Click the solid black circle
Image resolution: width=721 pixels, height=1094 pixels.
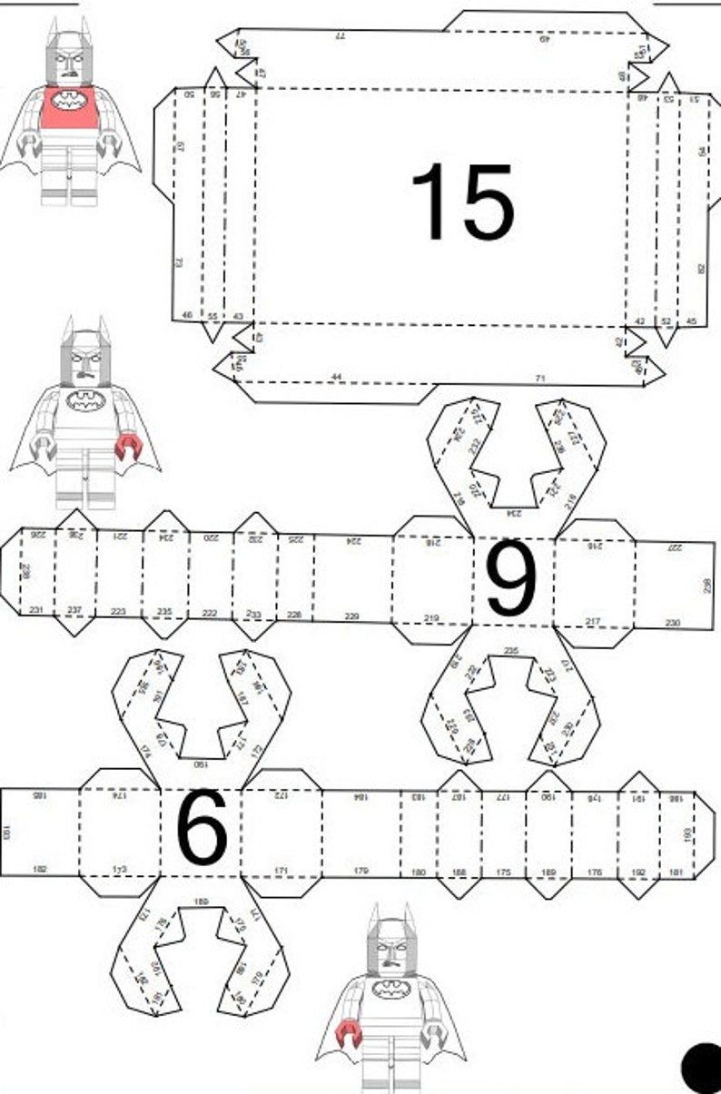702,1068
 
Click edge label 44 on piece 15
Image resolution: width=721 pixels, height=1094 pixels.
337,375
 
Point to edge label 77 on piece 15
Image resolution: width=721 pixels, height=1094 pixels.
341,35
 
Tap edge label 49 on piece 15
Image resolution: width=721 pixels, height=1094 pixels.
545,39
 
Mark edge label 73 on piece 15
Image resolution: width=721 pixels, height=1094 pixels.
179,262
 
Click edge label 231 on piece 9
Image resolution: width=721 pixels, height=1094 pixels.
35,609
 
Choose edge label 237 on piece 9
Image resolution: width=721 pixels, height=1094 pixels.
74,609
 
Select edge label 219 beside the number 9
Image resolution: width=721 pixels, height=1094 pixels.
432,619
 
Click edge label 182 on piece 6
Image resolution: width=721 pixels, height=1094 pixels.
40,869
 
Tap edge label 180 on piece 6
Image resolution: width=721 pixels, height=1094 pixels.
418,872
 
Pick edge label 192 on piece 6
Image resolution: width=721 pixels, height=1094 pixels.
638,872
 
